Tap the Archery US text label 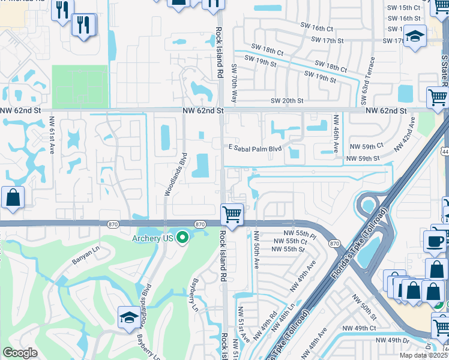point(152,238)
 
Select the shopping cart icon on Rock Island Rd point(232,213)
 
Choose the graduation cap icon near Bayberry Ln point(129,317)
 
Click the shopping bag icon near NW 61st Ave point(12,197)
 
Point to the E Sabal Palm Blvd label point(256,148)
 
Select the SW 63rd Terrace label point(368,80)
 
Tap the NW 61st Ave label point(53,136)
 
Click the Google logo point(20,353)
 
